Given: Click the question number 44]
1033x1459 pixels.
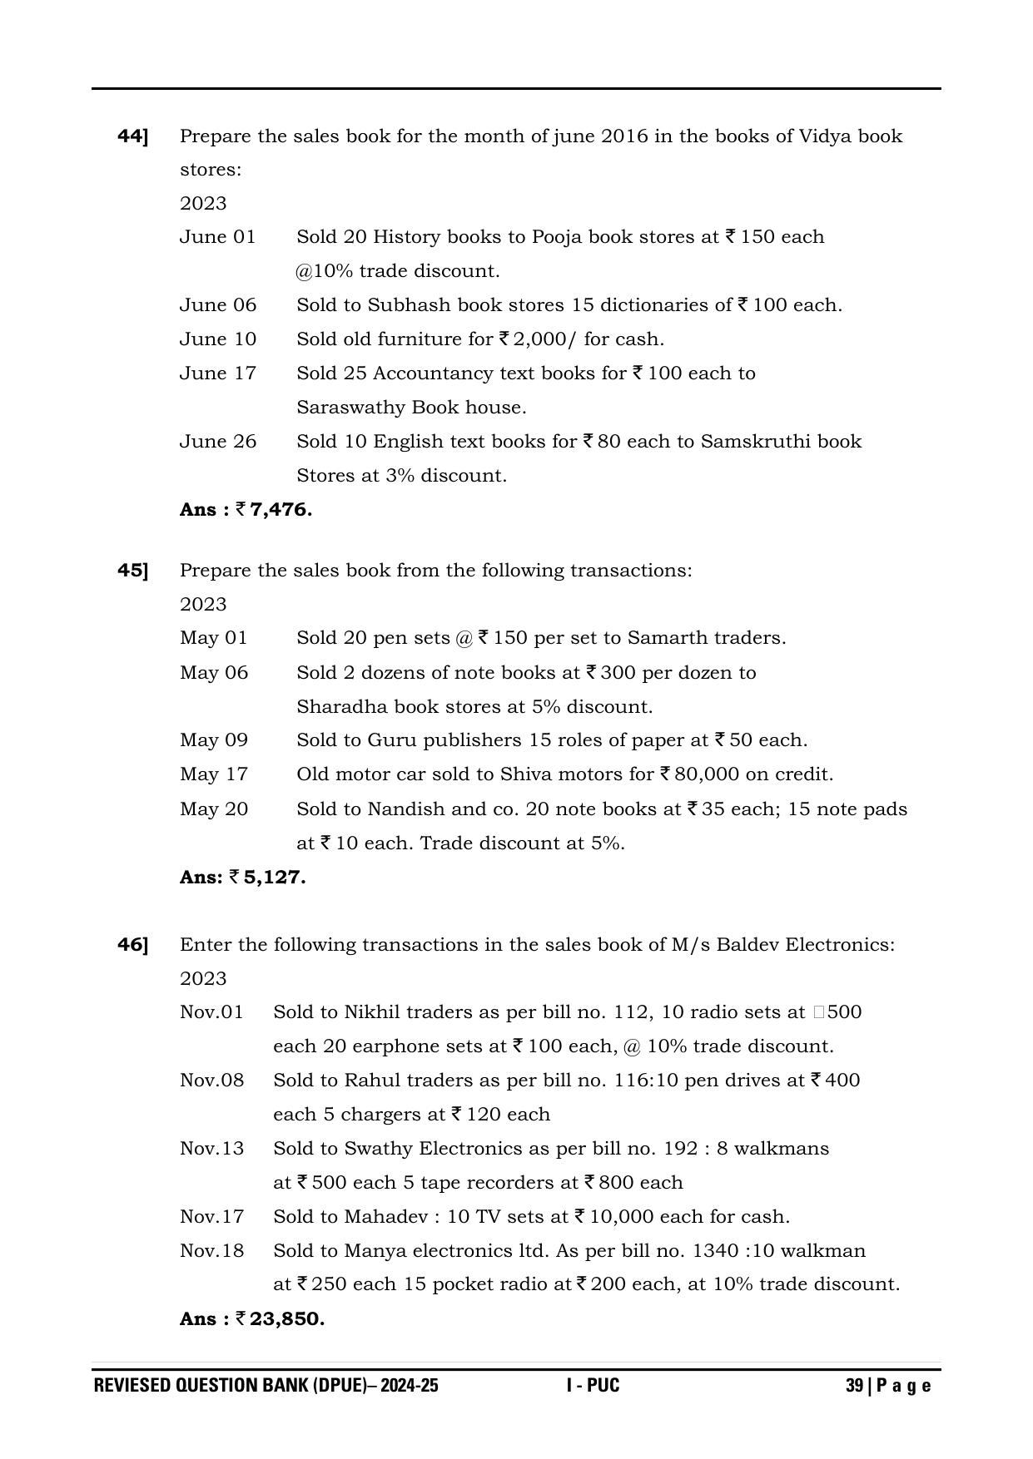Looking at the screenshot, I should click(x=133, y=136).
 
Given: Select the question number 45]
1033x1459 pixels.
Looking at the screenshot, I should click(x=133, y=571).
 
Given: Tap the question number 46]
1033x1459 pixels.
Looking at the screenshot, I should click(x=133, y=945).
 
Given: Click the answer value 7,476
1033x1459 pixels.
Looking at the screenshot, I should click(x=281, y=510).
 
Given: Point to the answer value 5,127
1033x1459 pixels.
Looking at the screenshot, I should click(x=275, y=878).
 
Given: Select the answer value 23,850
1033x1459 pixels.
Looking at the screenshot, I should click(x=286, y=1319).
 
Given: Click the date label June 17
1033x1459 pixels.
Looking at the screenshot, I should click(x=218, y=373).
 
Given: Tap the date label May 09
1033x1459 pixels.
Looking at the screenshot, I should click(x=214, y=740).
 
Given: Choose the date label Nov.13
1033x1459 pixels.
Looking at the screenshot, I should click(x=212, y=1149).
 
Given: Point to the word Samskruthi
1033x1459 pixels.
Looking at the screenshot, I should click(x=754, y=442).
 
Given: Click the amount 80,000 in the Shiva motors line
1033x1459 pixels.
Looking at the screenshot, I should click(x=706, y=774).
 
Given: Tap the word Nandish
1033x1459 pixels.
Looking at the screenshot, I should click(x=403, y=809).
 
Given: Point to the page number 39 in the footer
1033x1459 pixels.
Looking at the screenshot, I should click(x=854, y=1386).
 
